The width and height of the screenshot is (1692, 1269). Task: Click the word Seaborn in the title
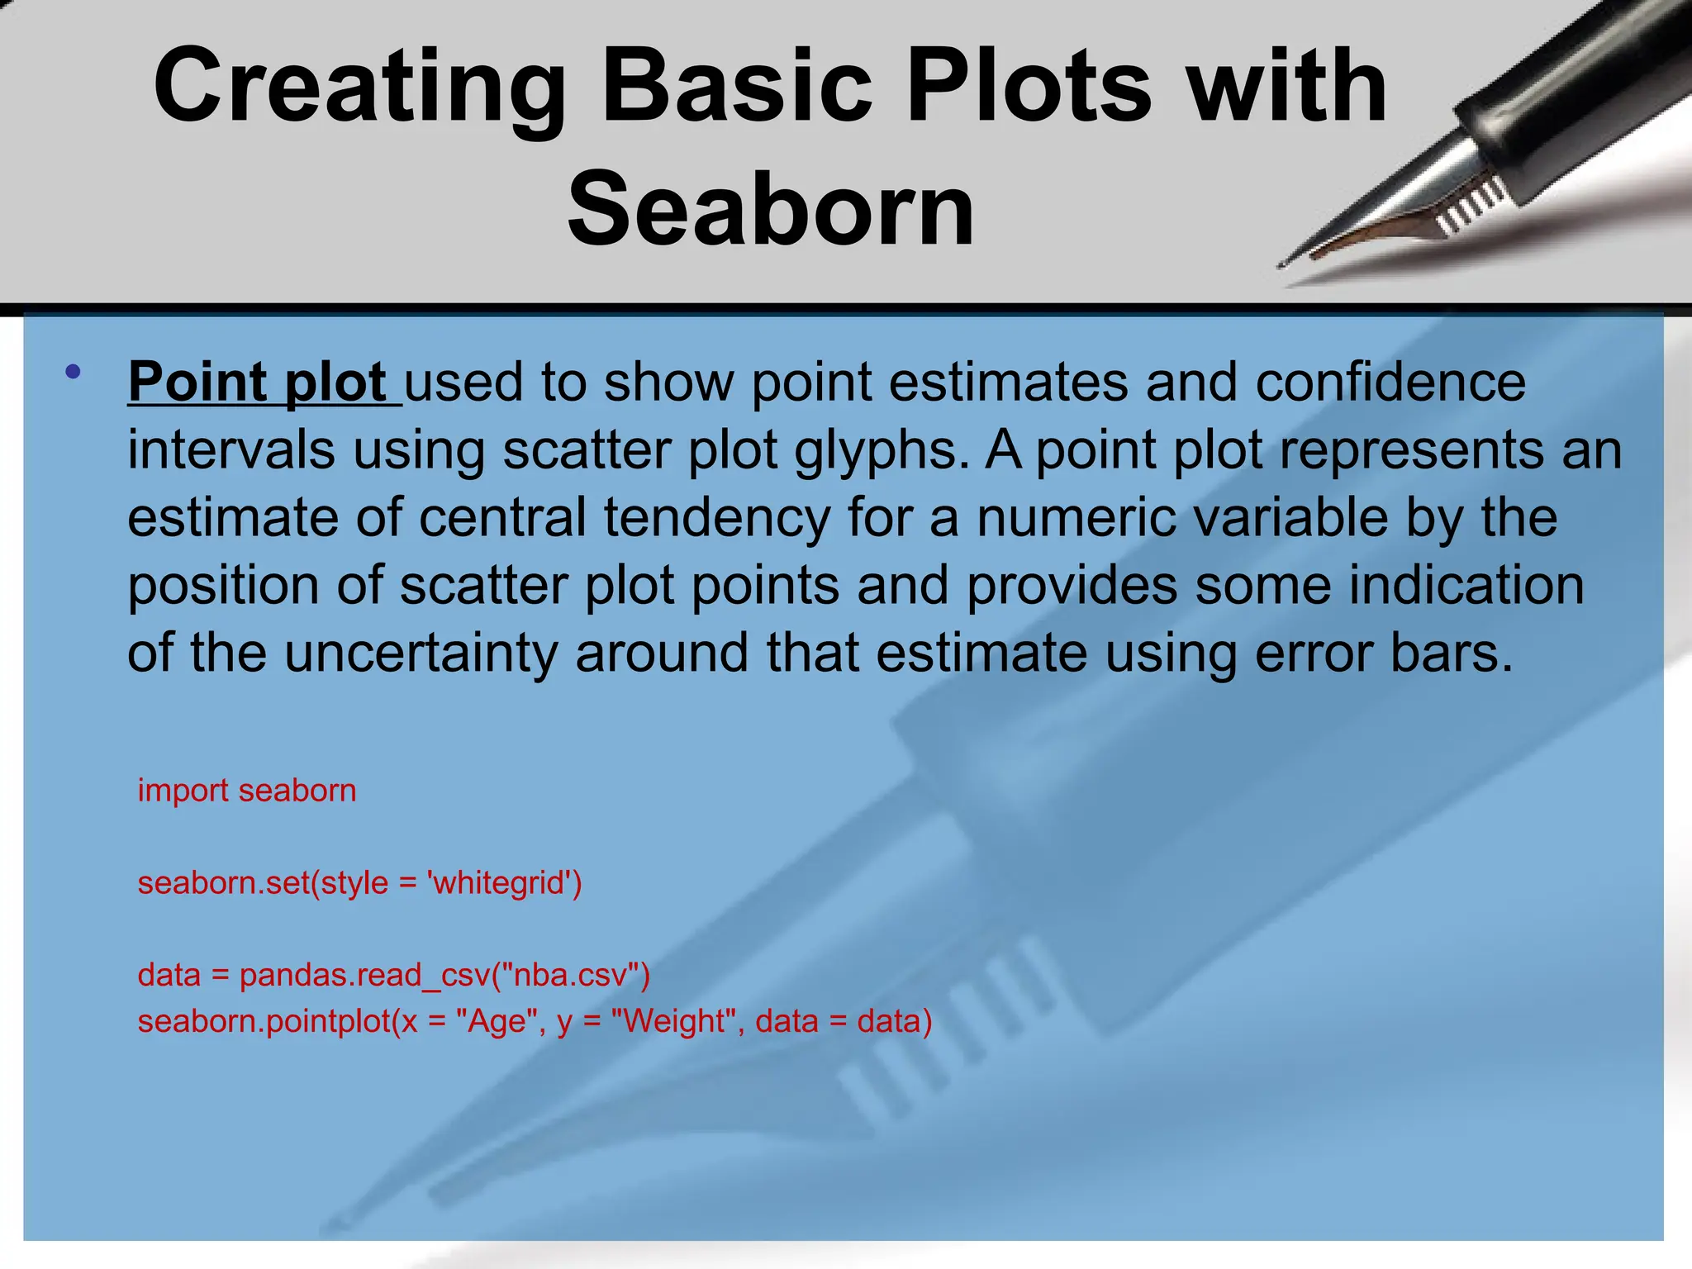click(770, 209)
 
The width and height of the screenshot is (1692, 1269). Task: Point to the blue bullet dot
click(73, 372)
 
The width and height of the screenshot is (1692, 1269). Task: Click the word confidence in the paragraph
click(1390, 383)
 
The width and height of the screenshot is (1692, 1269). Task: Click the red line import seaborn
click(246, 791)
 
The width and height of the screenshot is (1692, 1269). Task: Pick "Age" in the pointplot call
click(500, 1022)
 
